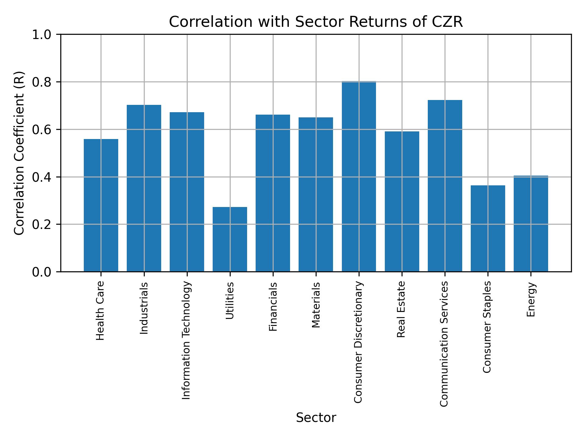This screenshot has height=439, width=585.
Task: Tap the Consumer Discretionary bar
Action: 359,177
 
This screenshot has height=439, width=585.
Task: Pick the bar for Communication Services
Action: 445,186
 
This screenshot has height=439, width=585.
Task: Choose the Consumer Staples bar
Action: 487,228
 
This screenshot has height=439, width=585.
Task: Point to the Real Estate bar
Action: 402,202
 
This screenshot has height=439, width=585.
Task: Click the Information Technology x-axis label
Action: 186,340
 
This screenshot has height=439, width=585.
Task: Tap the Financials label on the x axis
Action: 273,306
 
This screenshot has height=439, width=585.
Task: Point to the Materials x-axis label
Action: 316,305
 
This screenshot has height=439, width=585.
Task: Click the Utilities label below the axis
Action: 230,301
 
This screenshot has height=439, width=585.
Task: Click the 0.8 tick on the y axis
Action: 43,82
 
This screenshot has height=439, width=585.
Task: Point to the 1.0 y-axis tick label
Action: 43,34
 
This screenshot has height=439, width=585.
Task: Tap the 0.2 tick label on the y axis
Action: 43,224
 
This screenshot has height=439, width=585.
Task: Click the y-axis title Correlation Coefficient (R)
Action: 19,153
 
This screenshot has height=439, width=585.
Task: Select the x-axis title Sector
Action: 316,418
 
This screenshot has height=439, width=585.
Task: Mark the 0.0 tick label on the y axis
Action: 43,272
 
